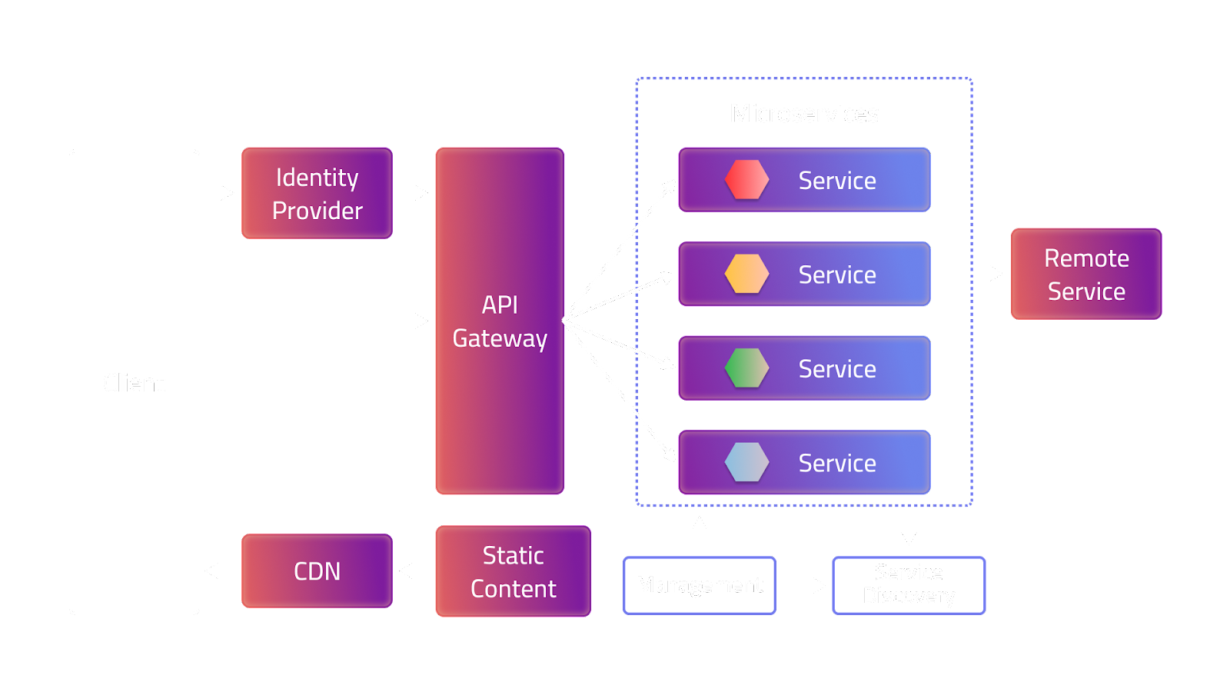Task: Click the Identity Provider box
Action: (317, 193)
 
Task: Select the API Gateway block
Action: (500, 321)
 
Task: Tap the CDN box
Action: (317, 571)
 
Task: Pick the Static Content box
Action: (513, 571)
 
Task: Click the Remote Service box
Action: (1085, 274)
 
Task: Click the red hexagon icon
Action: (746, 180)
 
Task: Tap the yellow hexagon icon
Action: (746, 274)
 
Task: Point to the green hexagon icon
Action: (746, 368)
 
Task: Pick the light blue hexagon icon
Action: (746, 463)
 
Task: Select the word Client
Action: (134, 383)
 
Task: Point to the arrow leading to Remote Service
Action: (970, 273)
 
